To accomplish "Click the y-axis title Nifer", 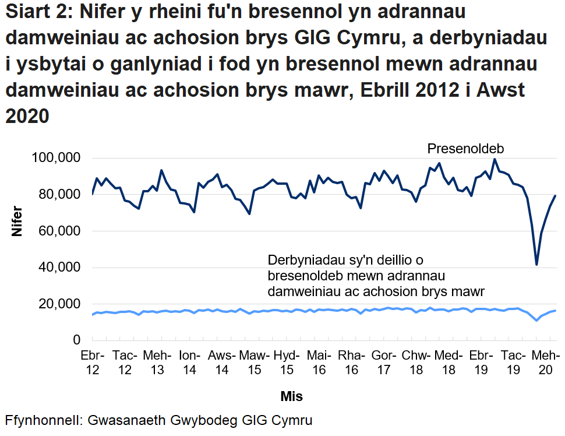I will [17, 221].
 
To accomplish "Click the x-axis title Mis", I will [291, 396].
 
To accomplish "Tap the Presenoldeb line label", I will [465, 149].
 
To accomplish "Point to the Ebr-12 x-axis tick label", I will [91, 361].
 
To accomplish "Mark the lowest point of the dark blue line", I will [536, 265].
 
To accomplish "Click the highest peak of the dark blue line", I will [495, 159].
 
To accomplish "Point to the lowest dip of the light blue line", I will [536, 320].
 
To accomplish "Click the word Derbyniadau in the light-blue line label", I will [302, 260].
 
